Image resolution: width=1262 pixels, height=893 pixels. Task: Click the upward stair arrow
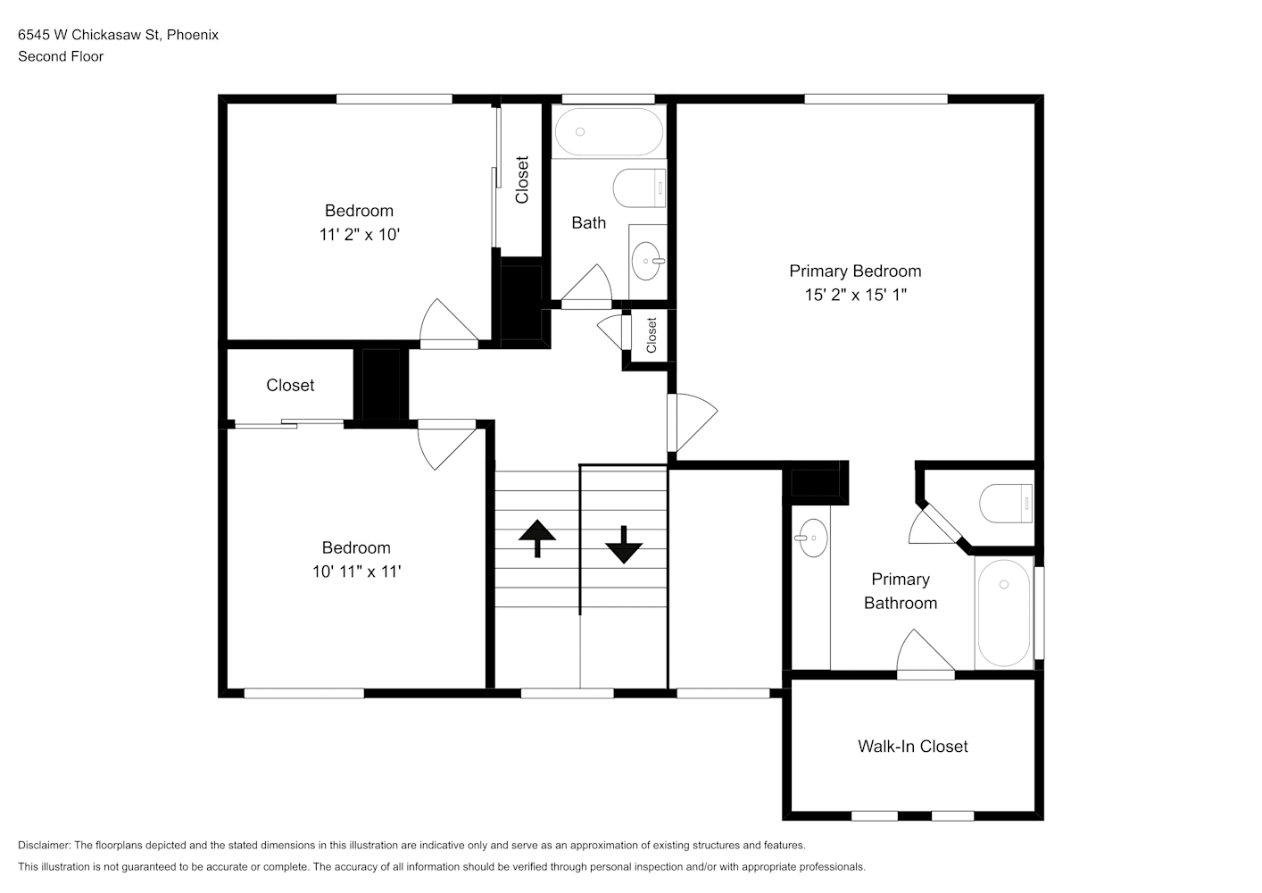(x=537, y=538)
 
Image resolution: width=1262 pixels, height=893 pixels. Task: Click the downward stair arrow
(x=624, y=545)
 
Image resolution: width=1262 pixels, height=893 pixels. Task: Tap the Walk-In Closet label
(x=913, y=747)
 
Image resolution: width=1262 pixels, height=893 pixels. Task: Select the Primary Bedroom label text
(x=855, y=271)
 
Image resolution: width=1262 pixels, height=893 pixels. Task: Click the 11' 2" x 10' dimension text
(x=360, y=235)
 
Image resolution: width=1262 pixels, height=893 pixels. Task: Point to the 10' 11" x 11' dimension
(x=357, y=572)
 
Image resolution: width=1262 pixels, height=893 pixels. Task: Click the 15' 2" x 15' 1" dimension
(x=855, y=295)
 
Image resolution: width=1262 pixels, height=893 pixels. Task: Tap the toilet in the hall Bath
(x=639, y=188)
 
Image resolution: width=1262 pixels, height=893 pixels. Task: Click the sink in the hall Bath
(x=647, y=261)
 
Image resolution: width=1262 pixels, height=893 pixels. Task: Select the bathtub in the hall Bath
(x=609, y=132)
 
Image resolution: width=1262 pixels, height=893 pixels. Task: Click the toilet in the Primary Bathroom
(x=1006, y=504)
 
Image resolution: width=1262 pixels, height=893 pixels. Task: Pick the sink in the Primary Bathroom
(x=812, y=538)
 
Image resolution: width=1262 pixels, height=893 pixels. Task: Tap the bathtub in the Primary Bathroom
(x=1004, y=613)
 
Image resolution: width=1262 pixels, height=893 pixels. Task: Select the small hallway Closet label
(x=652, y=336)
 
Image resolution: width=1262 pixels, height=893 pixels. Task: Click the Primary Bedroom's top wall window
(x=876, y=99)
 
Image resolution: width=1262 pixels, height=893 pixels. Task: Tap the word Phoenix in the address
(x=193, y=35)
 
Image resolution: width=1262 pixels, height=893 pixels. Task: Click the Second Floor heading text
(x=61, y=56)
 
